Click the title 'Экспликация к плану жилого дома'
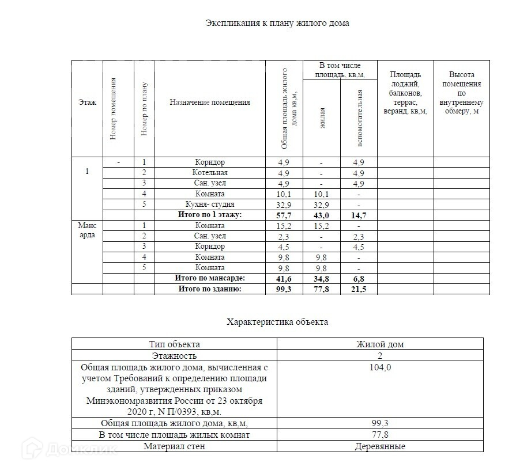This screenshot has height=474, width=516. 277,23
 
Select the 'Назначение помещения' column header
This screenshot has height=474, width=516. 210,103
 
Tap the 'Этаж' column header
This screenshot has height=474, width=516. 87,103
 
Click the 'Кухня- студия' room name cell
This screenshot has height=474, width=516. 210,204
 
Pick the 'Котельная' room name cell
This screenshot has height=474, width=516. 210,173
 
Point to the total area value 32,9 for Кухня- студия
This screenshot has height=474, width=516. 284,205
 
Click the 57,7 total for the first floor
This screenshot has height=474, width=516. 284,215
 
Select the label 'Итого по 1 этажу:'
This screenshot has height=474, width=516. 210,215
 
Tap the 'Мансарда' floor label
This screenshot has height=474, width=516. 87,230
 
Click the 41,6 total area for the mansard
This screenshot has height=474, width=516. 284,279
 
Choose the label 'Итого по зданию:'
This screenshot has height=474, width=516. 210,289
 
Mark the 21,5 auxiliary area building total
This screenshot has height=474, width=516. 359,289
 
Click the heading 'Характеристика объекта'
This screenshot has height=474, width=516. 277,322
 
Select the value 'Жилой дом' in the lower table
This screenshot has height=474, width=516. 380,344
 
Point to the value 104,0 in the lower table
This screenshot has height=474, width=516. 380,367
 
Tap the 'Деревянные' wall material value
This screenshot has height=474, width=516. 380,446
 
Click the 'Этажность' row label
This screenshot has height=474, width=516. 174,356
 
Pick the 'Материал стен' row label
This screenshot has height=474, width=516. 174,446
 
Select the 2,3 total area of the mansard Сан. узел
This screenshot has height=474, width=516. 284,236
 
